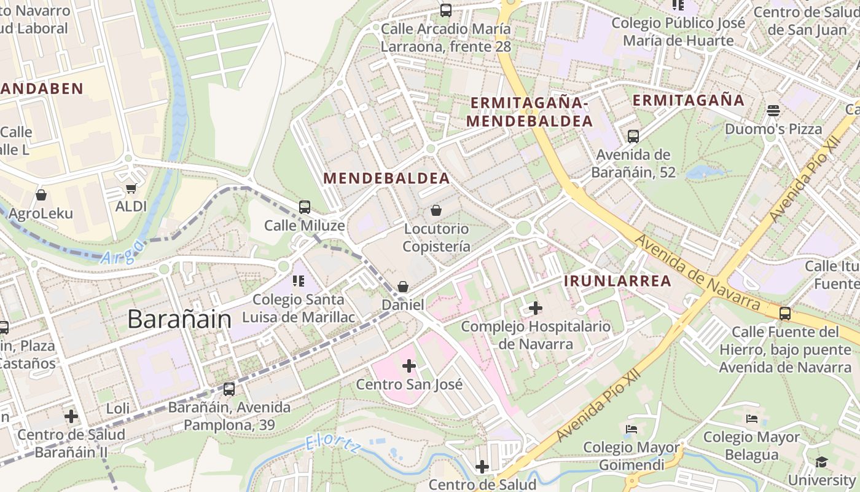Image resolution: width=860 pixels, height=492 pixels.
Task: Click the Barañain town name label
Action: pyautogui.click(x=179, y=319)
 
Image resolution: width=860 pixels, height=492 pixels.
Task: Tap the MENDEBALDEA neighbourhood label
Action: pyautogui.click(x=386, y=178)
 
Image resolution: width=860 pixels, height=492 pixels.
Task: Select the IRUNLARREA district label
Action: pyautogui.click(x=617, y=281)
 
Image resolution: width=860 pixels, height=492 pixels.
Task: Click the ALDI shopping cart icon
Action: pyautogui.click(x=131, y=189)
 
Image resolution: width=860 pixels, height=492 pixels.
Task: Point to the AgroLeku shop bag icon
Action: pyautogui.click(x=41, y=195)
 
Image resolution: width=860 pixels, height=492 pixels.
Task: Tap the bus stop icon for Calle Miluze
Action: pyautogui.click(x=305, y=207)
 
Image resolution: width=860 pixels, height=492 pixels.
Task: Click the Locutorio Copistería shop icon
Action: pyautogui.click(x=436, y=210)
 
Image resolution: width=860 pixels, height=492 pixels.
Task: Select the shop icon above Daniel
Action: pyautogui.click(x=403, y=287)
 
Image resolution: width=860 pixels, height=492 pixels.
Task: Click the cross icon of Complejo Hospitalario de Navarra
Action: pyautogui.click(x=536, y=307)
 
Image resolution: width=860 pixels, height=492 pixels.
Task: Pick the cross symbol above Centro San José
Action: pyautogui.click(x=409, y=367)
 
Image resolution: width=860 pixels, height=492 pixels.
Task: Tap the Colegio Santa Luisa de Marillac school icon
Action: pyautogui.click(x=299, y=282)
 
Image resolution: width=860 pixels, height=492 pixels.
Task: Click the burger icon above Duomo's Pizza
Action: pyautogui.click(x=773, y=111)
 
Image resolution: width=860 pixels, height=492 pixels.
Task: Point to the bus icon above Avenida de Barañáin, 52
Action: pyautogui.click(x=633, y=137)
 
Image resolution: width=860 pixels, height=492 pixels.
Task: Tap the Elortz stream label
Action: pyautogui.click(x=334, y=446)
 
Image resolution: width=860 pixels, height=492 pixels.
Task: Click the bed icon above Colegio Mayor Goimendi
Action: pyautogui.click(x=631, y=429)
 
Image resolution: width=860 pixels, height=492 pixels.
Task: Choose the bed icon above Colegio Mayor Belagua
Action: pyautogui.click(x=752, y=419)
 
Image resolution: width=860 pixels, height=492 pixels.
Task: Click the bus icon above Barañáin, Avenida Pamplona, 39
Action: pyautogui.click(x=229, y=389)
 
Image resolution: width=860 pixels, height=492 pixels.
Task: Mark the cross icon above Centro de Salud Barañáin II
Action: pyautogui.click(x=71, y=416)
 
